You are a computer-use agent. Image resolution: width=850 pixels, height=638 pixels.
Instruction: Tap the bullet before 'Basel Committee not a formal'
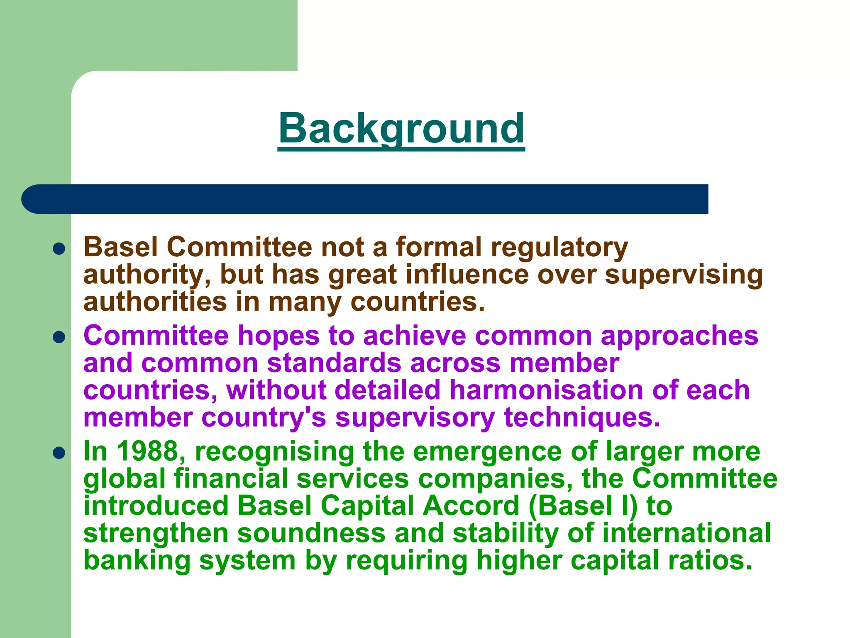59,248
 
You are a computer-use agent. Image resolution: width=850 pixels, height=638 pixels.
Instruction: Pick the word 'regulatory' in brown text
559,248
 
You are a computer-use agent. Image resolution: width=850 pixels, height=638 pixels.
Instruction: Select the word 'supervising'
684,275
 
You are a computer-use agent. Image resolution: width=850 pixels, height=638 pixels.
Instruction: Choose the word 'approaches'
679,336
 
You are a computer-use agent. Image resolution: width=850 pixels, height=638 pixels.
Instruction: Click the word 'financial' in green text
231,478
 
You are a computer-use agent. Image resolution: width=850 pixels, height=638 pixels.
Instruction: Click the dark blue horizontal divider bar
365,199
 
